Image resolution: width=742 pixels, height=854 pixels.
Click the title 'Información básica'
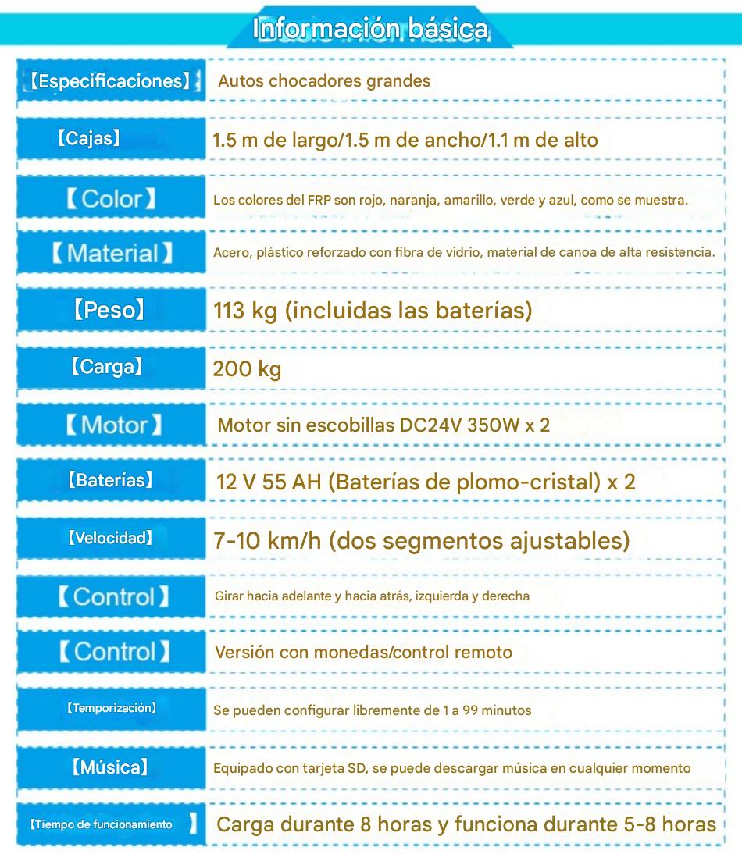371,29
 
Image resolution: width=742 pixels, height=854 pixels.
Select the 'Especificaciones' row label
110,81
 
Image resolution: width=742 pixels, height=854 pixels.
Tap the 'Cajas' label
88,139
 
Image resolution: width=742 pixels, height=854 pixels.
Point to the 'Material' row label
111,253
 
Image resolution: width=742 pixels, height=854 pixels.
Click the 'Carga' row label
106,367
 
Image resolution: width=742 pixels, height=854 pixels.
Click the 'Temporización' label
111,708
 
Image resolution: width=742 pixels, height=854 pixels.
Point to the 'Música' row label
109,767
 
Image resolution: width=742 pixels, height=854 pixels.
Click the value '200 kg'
247,369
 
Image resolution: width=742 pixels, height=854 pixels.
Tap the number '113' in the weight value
230,311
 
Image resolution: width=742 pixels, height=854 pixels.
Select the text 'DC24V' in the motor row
430,425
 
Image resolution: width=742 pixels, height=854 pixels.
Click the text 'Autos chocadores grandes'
324,81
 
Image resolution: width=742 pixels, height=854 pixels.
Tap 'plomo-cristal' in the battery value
530,482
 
